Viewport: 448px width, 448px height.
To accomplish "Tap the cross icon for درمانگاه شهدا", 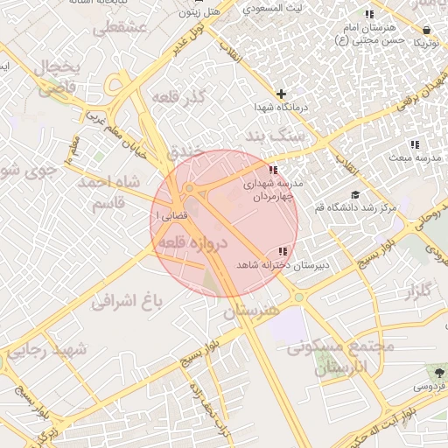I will pyautogui.click(x=281, y=94).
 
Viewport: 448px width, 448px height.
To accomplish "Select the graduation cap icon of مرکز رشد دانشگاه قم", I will pyautogui.click(x=354, y=195).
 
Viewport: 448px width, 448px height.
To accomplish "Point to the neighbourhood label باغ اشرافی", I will pyautogui.click(x=128, y=301).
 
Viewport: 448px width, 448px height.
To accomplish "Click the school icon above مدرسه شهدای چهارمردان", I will pyautogui.click(x=274, y=171).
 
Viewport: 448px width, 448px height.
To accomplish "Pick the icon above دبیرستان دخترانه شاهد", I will pyautogui.click(x=282, y=251).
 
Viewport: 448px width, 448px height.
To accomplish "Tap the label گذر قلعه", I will pyautogui.click(x=178, y=96).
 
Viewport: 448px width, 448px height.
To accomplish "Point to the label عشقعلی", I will pyautogui.click(x=123, y=29).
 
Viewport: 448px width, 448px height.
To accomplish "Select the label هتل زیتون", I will pyautogui.click(x=199, y=12).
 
